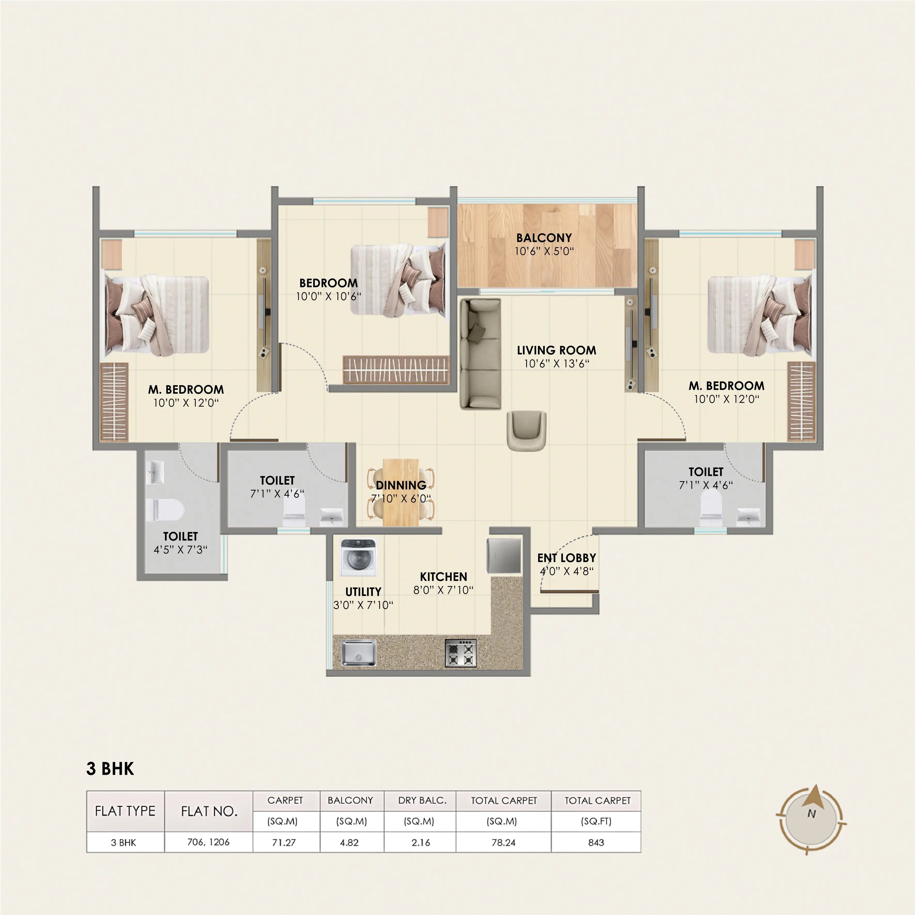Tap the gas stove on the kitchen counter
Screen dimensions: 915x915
[x=460, y=653]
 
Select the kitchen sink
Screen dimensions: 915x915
[x=359, y=653]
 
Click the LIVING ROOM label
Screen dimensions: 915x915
[x=556, y=350]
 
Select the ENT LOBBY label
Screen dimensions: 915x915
[x=566, y=558]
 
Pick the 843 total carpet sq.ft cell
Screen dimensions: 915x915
[x=596, y=842]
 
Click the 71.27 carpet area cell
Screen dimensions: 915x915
[x=284, y=842]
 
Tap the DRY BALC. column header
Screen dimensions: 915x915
[x=422, y=800]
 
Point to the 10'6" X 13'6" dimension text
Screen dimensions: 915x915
[x=556, y=364]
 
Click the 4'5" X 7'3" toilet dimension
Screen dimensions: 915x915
[x=180, y=550]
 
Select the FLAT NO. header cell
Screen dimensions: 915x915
[x=209, y=811]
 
